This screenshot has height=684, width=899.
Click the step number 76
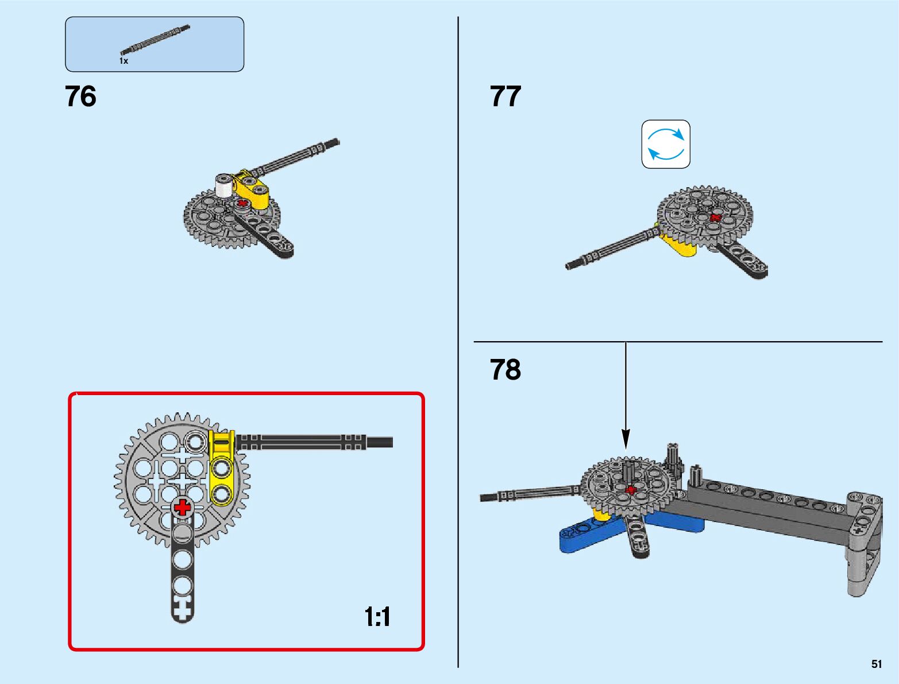pos(81,96)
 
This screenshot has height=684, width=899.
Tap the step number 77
pos(506,96)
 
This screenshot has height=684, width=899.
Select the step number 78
pos(506,370)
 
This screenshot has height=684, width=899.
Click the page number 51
pos(876,664)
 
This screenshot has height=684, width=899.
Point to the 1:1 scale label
pos(377,617)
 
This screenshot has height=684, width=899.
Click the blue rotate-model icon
pos(666,144)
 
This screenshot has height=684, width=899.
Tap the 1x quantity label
pos(124,61)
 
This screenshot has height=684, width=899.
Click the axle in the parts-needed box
pos(155,39)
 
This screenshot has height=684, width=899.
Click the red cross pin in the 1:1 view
pos(183,507)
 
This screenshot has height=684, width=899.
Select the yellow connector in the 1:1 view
pos(221,468)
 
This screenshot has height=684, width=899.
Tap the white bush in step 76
pos(223,185)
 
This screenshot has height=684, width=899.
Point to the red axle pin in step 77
pos(715,218)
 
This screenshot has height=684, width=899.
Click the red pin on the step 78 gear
pos(631,490)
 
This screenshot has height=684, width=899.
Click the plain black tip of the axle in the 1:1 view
pos(380,443)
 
